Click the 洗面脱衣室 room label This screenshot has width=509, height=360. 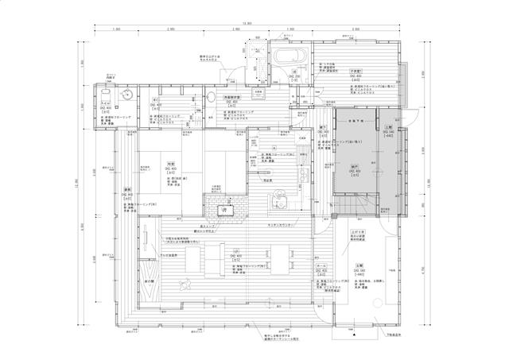(x=231, y=97)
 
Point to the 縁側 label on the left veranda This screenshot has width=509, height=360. (x=128, y=190)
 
